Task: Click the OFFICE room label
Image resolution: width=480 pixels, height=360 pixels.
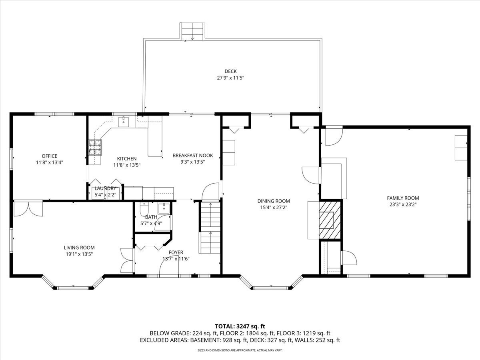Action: click(50, 156)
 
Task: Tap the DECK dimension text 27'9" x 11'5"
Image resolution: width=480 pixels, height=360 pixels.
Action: click(230, 78)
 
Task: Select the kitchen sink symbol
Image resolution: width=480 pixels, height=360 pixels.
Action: click(124, 122)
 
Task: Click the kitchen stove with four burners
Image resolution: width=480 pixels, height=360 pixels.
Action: click(95, 147)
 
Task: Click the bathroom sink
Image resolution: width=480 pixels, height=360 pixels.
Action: click(164, 208)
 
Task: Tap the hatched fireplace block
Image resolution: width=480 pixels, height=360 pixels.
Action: click(330, 220)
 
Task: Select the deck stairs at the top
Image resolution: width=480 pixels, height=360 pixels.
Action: click(192, 32)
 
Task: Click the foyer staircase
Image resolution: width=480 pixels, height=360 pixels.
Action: click(210, 228)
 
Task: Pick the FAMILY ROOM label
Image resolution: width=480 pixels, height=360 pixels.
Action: click(403, 198)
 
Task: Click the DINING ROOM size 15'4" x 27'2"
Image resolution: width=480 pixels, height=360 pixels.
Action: click(274, 208)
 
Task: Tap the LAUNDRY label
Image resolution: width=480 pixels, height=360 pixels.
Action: click(106, 188)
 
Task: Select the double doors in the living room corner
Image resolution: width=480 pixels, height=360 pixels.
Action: click(28, 208)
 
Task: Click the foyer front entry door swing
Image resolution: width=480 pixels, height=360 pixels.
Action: click(169, 268)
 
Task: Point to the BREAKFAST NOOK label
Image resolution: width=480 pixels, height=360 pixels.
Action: click(193, 156)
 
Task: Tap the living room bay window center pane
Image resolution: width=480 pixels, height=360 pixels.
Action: click(73, 288)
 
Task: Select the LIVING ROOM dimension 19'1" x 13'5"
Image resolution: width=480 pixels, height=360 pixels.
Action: click(79, 254)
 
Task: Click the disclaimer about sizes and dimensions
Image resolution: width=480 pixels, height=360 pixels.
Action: click(240, 350)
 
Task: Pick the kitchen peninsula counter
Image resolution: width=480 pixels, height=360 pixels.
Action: click(155, 136)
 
